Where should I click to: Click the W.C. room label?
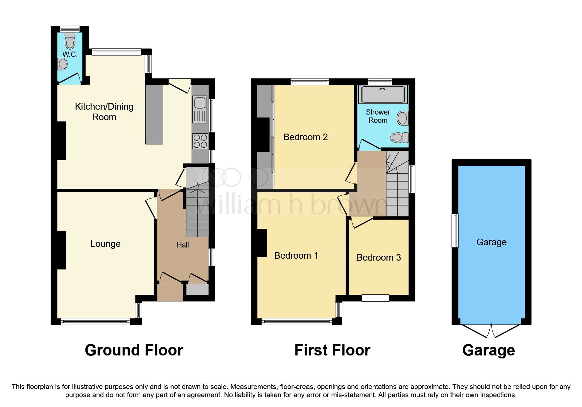[x=70, y=54]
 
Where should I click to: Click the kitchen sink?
[x=200, y=103]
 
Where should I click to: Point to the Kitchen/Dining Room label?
[x=104, y=112]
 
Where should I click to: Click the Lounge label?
[x=105, y=244]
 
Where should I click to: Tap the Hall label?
[x=183, y=245]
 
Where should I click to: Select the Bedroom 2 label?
[x=305, y=137]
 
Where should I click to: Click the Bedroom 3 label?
[x=379, y=258]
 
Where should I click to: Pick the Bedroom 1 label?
[x=296, y=256]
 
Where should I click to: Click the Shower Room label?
[x=378, y=116]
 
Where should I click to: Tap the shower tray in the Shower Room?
[x=383, y=94]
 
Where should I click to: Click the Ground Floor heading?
[x=134, y=350]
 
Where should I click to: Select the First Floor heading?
[x=332, y=350]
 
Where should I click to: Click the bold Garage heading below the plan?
[x=488, y=350]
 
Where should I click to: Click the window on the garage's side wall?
[x=455, y=230]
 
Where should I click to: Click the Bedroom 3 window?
[x=375, y=298]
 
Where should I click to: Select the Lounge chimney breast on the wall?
[x=61, y=250]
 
